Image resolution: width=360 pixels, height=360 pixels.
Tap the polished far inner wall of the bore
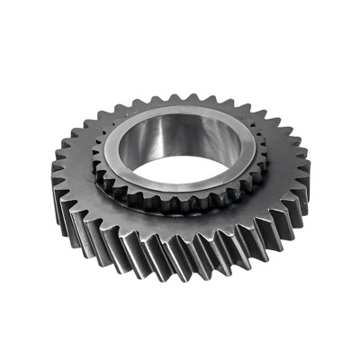point(184,135)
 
